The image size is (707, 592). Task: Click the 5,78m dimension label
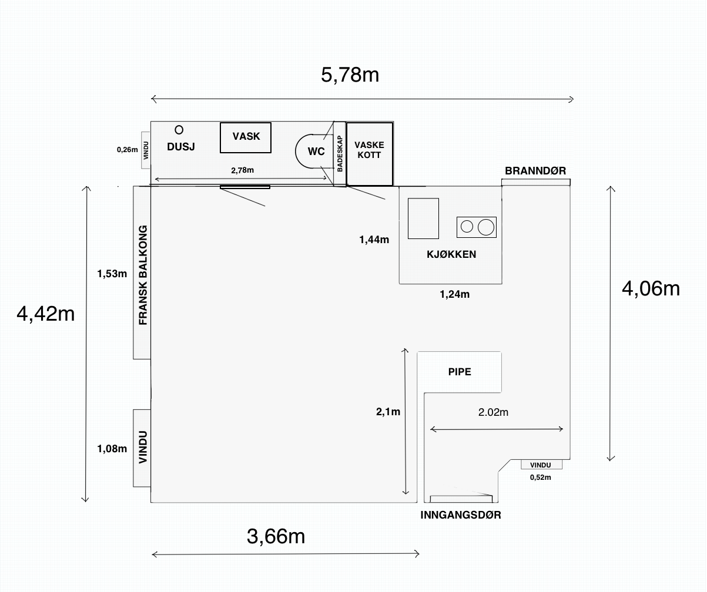click(x=350, y=75)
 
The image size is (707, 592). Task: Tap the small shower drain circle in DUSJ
click(x=179, y=130)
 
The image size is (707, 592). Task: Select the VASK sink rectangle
click(x=246, y=137)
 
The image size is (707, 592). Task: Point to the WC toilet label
click(x=316, y=152)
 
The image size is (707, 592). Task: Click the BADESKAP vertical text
click(x=340, y=154)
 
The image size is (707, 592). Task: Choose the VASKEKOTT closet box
click(x=370, y=154)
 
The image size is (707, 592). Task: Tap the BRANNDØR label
click(x=535, y=170)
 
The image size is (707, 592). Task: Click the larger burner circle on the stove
click(x=486, y=227)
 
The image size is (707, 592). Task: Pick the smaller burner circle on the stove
click(x=467, y=227)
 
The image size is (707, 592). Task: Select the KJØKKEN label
click(x=451, y=254)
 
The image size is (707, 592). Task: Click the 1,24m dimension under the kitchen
click(x=454, y=294)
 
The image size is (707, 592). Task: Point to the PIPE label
click(x=460, y=372)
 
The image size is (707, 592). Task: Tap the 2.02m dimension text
click(x=493, y=412)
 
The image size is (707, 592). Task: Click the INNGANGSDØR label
click(x=461, y=515)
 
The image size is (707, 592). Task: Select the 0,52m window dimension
click(x=541, y=477)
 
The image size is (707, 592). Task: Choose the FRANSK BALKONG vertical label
click(x=143, y=275)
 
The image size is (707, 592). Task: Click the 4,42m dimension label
click(x=46, y=314)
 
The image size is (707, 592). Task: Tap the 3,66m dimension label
click(x=276, y=536)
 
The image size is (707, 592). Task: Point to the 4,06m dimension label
click(x=651, y=289)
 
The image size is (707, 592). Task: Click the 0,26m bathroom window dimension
click(x=128, y=149)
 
